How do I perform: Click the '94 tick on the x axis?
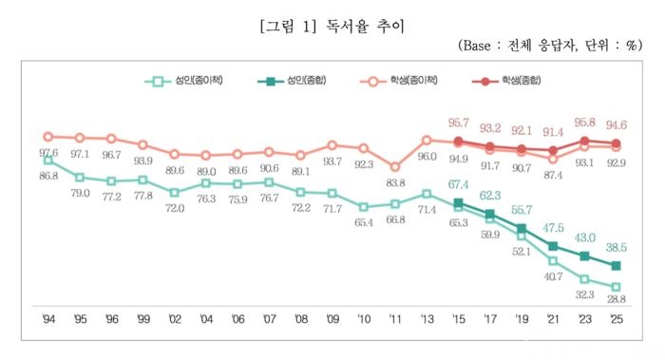[48, 319]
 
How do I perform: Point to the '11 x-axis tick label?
[395, 319]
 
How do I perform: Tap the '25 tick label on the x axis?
[617, 319]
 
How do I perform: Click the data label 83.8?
[395, 182]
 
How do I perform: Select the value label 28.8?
[617, 299]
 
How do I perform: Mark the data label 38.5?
[617, 247]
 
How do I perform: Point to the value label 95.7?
[459, 123]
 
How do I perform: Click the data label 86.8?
[48, 176]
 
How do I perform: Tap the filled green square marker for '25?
[617, 266]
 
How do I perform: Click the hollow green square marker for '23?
[584, 279]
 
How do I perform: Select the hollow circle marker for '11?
[395, 167]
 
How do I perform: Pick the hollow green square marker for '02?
[174, 193]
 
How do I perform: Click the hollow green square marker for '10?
[364, 207]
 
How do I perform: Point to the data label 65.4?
[364, 222]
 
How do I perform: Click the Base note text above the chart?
[550, 46]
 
